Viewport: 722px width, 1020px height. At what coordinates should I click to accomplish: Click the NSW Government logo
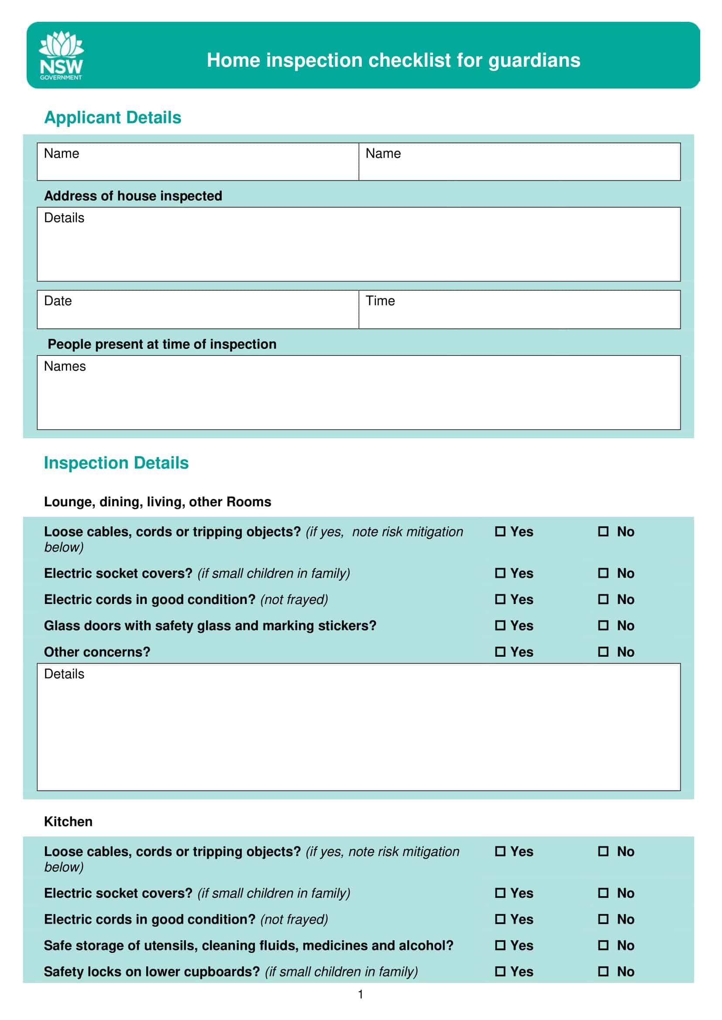coord(62,55)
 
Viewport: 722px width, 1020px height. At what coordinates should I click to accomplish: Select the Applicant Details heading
coord(113,117)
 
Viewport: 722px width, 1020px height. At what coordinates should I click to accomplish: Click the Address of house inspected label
coord(133,196)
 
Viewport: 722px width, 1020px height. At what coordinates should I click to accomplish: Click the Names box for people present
coord(358,393)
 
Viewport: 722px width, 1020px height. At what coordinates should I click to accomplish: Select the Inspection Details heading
coord(116,463)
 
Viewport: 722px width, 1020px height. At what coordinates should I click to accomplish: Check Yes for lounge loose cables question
coord(500,531)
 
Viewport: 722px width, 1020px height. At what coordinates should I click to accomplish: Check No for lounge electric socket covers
coord(603,573)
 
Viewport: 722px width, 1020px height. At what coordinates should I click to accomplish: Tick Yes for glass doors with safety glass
coord(500,625)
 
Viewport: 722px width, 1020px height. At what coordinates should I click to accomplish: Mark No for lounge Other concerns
coord(603,652)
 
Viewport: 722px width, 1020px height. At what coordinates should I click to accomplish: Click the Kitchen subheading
coord(68,822)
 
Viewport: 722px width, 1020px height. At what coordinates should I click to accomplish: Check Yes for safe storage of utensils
coord(500,945)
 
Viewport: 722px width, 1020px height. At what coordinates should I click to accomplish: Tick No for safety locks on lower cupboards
coord(603,972)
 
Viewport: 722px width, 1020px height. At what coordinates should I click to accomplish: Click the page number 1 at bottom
coord(361,994)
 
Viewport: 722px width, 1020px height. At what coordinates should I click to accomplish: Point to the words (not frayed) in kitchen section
coord(294,919)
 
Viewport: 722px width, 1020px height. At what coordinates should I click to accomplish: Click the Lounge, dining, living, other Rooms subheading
coord(158,502)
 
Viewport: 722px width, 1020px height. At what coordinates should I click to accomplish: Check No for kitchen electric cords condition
coord(603,919)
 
